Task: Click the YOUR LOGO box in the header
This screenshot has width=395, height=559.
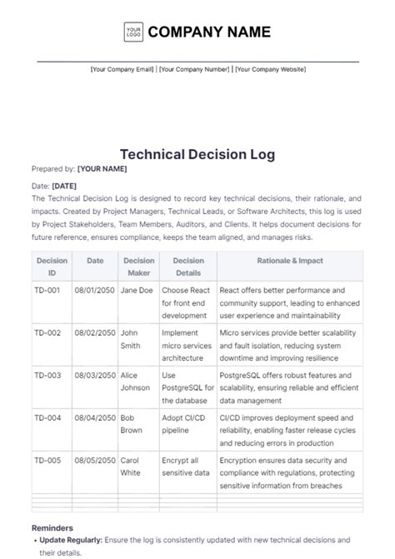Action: pos(133,32)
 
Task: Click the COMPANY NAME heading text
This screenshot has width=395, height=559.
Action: pos(209,32)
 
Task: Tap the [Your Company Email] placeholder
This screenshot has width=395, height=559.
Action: pos(122,70)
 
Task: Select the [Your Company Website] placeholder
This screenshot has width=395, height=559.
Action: pos(270,70)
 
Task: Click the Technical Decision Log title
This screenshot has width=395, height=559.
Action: pos(197,154)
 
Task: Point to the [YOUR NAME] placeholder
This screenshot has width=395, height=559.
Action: pos(102,169)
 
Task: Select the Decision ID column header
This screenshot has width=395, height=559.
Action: pos(52,266)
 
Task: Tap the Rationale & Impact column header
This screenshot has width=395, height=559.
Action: pos(289,261)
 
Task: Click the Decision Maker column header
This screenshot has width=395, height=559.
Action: pos(139,266)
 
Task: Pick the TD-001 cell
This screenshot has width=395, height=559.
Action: pos(47,291)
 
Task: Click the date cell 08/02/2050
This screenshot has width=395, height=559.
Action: pos(95,332)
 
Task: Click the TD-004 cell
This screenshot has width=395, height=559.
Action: pos(47,417)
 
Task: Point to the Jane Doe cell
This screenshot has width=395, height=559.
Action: pos(137,291)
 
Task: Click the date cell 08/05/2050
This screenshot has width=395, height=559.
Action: pos(95,459)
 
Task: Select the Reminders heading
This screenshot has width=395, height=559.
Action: pos(52,527)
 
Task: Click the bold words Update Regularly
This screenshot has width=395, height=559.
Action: pos(69,540)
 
